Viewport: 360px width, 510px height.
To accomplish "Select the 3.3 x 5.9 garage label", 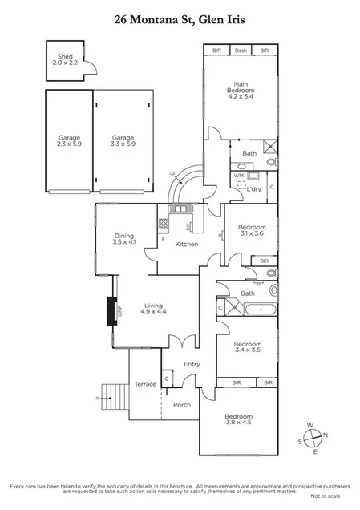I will tap(122, 142).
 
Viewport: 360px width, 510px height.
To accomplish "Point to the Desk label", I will tap(240, 51).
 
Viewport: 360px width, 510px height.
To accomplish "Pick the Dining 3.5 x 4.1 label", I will tap(125, 238).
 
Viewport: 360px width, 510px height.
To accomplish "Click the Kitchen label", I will tap(186, 244).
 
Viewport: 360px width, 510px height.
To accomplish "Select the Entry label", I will tap(192, 364).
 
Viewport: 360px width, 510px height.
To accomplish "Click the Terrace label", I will tap(145, 383).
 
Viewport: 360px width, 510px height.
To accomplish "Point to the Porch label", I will tap(182, 405).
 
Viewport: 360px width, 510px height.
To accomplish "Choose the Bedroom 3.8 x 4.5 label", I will tap(238, 420).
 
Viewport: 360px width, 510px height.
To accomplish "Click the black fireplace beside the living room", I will tap(112, 311).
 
